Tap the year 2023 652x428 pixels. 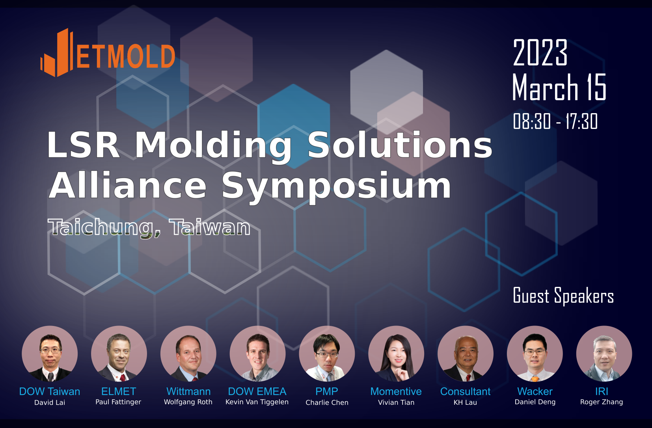540,53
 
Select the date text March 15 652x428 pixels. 559,87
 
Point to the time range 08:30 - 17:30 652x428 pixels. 555,121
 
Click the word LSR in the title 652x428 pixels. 83,145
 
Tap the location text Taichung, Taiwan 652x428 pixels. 149,227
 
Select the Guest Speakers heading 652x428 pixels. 563,296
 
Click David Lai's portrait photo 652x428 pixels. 50,354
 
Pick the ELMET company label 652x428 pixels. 119,391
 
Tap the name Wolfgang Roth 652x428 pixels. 188,402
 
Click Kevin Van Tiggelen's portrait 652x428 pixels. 258,354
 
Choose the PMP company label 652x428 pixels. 327,391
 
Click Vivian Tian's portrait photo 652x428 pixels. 396,354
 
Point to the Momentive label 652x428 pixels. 396,391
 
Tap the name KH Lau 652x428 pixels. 465,402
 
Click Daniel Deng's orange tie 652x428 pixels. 535,379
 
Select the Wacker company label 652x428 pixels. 535,391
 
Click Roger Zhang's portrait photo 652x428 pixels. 604,354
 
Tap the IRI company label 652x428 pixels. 602,391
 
